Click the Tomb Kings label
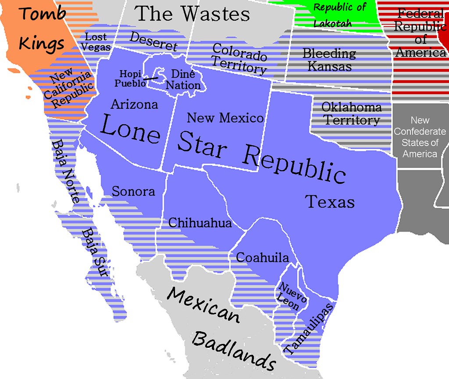point(43,28)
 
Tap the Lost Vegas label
point(96,42)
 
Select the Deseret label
point(153,42)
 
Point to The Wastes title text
point(193,14)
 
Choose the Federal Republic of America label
point(420,33)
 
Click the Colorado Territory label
point(239,58)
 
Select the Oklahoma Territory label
point(351,114)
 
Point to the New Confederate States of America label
point(420,137)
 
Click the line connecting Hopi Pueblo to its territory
point(152,78)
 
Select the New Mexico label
point(225,118)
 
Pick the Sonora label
point(133,191)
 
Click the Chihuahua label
point(200,223)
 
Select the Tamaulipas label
point(310,327)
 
